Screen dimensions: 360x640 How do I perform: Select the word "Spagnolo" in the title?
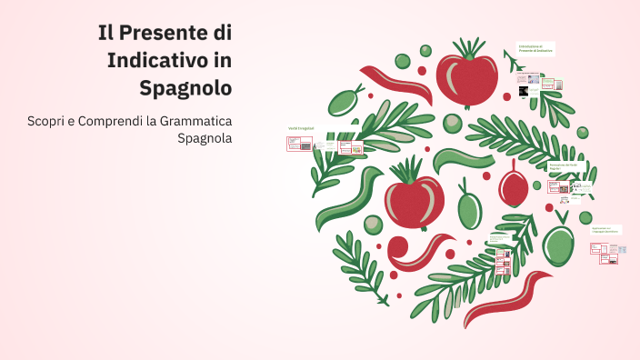(x=185, y=88)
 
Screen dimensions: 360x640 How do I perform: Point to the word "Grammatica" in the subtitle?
(x=195, y=121)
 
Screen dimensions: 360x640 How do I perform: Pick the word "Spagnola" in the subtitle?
(x=205, y=139)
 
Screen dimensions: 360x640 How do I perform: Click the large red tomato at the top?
(x=466, y=80)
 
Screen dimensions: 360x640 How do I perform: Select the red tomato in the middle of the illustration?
(x=414, y=200)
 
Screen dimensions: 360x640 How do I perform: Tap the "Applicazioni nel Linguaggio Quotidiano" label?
(x=605, y=229)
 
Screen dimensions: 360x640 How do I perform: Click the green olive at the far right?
(x=558, y=243)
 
